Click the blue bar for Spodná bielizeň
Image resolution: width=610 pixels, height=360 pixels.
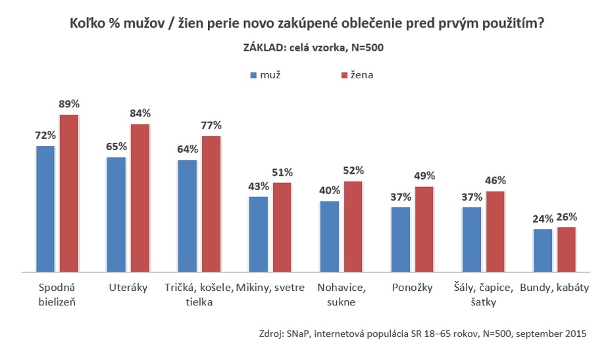[45, 208]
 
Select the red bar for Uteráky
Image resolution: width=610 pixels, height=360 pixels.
[140, 197]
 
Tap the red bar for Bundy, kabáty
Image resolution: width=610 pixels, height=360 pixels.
[567, 249]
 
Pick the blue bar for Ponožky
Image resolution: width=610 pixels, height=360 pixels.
[400, 239]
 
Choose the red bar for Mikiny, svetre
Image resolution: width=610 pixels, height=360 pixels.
[282, 226]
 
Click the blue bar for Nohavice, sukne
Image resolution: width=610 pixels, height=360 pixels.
[329, 236]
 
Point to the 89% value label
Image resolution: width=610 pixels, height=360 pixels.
[69, 104]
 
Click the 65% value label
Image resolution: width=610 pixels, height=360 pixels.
[116, 147]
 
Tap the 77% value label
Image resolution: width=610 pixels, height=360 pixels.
[211, 125]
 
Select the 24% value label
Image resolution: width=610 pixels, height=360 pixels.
[543, 219]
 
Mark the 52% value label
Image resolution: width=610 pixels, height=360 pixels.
[353, 170]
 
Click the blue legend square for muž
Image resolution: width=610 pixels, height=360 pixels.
[253, 76]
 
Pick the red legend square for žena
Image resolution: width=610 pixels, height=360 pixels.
[342, 76]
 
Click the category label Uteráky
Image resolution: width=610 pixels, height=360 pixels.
[128, 288]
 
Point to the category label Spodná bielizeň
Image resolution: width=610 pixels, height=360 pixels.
[57, 296]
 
